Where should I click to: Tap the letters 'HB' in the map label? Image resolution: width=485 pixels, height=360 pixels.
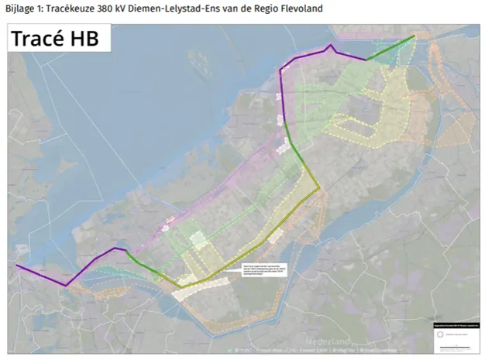[x=86, y=39]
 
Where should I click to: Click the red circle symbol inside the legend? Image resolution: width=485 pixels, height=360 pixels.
[x=439, y=334]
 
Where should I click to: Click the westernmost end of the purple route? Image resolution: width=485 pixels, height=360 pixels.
[x=15, y=266]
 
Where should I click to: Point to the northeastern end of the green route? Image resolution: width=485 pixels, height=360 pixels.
[x=414, y=36]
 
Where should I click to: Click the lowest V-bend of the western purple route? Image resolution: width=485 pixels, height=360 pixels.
[x=65, y=286]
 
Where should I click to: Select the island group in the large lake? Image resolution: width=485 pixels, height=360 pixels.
[x=193, y=61]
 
